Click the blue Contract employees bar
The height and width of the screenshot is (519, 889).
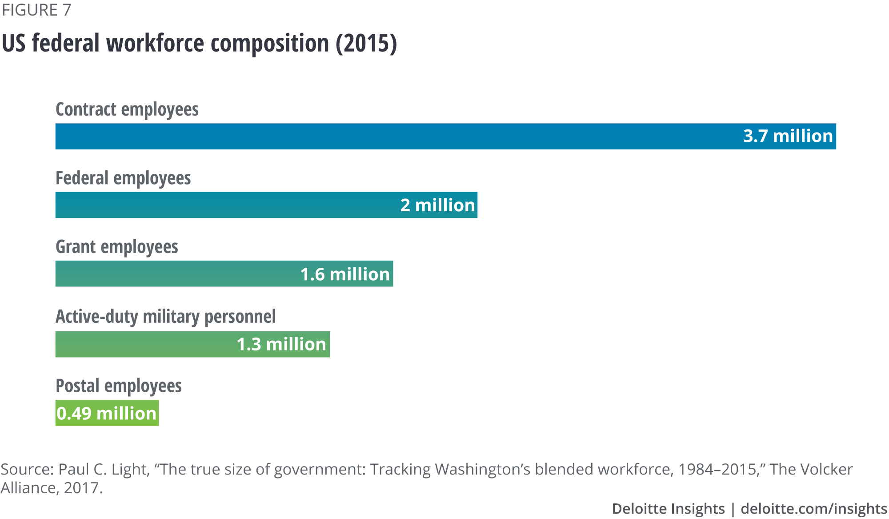click(400, 137)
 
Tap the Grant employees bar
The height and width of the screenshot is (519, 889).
click(178, 274)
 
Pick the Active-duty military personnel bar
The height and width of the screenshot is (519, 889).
click(147, 344)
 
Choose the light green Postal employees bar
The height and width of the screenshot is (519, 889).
click(107, 413)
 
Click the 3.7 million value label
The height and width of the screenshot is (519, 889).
click(788, 136)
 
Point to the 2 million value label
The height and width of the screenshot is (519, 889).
click(437, 205)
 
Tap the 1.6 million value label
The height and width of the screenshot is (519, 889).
click(345, 274)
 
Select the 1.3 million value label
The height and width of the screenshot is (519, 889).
click(281, 345)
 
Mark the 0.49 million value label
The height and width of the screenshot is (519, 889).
click(107, 414)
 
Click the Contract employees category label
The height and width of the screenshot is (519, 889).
click(127, 109)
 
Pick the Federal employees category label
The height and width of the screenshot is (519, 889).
click(123, 178)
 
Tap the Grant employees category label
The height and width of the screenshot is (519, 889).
click(117, 247)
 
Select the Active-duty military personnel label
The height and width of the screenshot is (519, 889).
click(166, 317)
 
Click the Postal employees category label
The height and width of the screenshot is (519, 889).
click(119, 386)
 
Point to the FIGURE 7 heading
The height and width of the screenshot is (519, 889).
click(36, 10)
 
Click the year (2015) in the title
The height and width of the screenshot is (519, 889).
click(366, 44)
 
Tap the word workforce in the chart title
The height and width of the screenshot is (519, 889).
click(156, 44)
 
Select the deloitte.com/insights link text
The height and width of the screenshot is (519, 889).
click(814, 509)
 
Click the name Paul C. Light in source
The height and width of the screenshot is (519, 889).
click(103, 470)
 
